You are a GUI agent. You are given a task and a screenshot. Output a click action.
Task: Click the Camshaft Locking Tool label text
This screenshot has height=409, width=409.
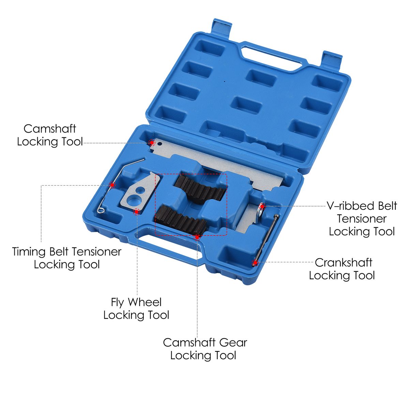pos(50,135)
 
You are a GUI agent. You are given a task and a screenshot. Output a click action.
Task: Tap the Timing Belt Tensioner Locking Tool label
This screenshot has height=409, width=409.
pos(67,258)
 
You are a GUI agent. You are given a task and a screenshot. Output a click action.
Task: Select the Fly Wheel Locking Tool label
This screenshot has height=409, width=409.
pos(136,309)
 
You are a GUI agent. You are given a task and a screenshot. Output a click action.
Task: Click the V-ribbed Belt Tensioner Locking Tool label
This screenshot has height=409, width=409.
pos(362,218)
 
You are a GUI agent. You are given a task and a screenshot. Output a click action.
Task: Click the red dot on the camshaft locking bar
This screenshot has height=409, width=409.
pos(152,142)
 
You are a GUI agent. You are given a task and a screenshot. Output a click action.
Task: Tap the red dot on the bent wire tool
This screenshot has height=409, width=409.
pos(112,185)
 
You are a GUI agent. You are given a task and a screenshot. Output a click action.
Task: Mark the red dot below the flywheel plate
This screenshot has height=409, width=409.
pos(137,212)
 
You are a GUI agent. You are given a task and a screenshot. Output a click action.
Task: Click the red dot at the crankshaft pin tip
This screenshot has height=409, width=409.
pos(255,262)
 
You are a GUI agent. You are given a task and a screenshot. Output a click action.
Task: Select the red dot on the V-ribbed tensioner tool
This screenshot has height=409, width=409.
pos(262,206)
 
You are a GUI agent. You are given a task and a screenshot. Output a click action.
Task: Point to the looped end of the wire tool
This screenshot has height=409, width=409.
pos(101,210)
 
